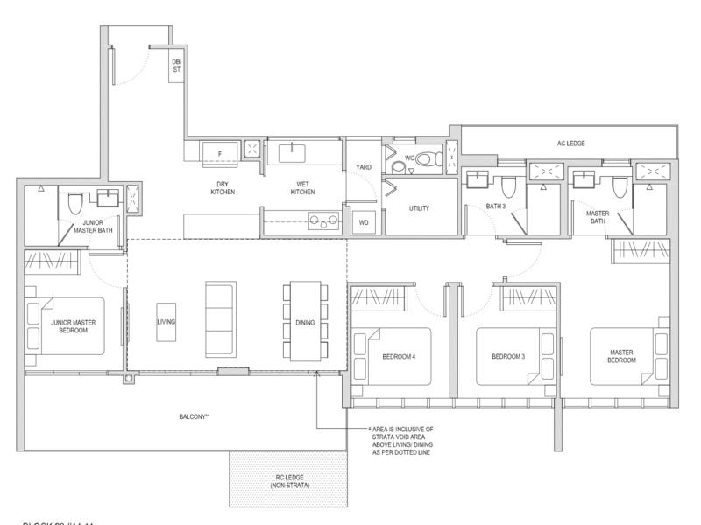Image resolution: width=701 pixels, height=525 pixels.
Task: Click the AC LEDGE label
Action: pyautogui.click(x=569, y=143)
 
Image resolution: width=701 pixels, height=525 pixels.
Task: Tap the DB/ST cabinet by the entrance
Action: pyautogui.click(x=177, y=66)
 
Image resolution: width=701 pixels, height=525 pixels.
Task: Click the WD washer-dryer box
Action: pyautogui.click(x=363, y=222)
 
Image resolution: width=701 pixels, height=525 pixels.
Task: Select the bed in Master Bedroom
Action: pyautogui.click(x=629, y=355)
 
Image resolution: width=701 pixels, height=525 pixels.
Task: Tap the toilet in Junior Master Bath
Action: pyautogui.click(x=75, y=203)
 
